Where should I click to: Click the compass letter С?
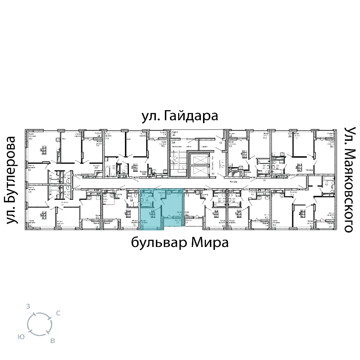point(58,314)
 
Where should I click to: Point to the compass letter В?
point(53,341)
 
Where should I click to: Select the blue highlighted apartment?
point(162,209)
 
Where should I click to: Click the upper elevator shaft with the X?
point(200,159)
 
